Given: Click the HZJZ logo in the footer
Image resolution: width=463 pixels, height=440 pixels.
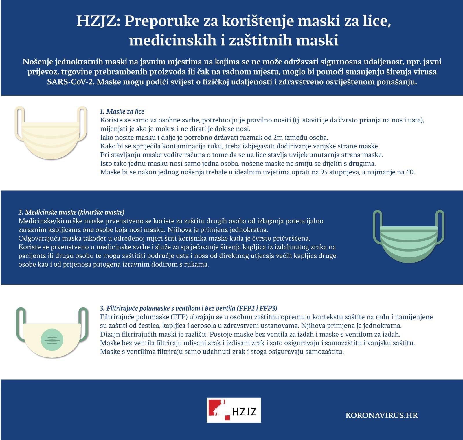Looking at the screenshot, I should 234,410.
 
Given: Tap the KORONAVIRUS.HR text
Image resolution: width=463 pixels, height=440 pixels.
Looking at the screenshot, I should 381,415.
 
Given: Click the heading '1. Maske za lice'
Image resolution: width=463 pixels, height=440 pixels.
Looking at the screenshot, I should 122,112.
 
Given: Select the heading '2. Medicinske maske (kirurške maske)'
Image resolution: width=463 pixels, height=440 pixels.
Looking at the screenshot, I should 71,212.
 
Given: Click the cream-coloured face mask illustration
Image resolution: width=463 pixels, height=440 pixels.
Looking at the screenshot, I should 51,136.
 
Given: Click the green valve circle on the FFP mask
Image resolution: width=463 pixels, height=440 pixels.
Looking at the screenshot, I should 52,339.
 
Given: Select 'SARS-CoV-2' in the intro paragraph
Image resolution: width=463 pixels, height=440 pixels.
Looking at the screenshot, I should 71,82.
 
